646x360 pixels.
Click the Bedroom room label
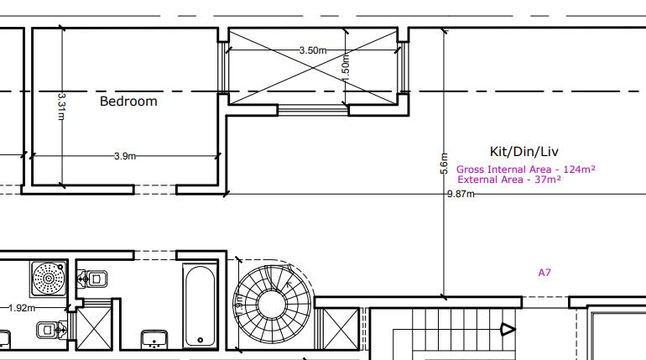(128, 102)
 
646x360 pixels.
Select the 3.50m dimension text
(312, 50)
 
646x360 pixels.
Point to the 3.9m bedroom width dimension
(124, 156)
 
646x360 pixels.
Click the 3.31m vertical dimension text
(61, 106)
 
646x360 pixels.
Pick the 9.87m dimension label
(460, 195)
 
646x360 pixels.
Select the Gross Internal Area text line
(525, 169)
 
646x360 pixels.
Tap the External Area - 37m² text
(509, 179)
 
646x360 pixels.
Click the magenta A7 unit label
(545, 273)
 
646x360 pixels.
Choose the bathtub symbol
(200, 306)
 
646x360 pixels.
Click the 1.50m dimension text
(345, 65)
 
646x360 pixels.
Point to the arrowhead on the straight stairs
(508, 330)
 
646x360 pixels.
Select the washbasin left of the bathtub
(153, 338)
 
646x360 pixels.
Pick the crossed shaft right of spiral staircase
(340, 328)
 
